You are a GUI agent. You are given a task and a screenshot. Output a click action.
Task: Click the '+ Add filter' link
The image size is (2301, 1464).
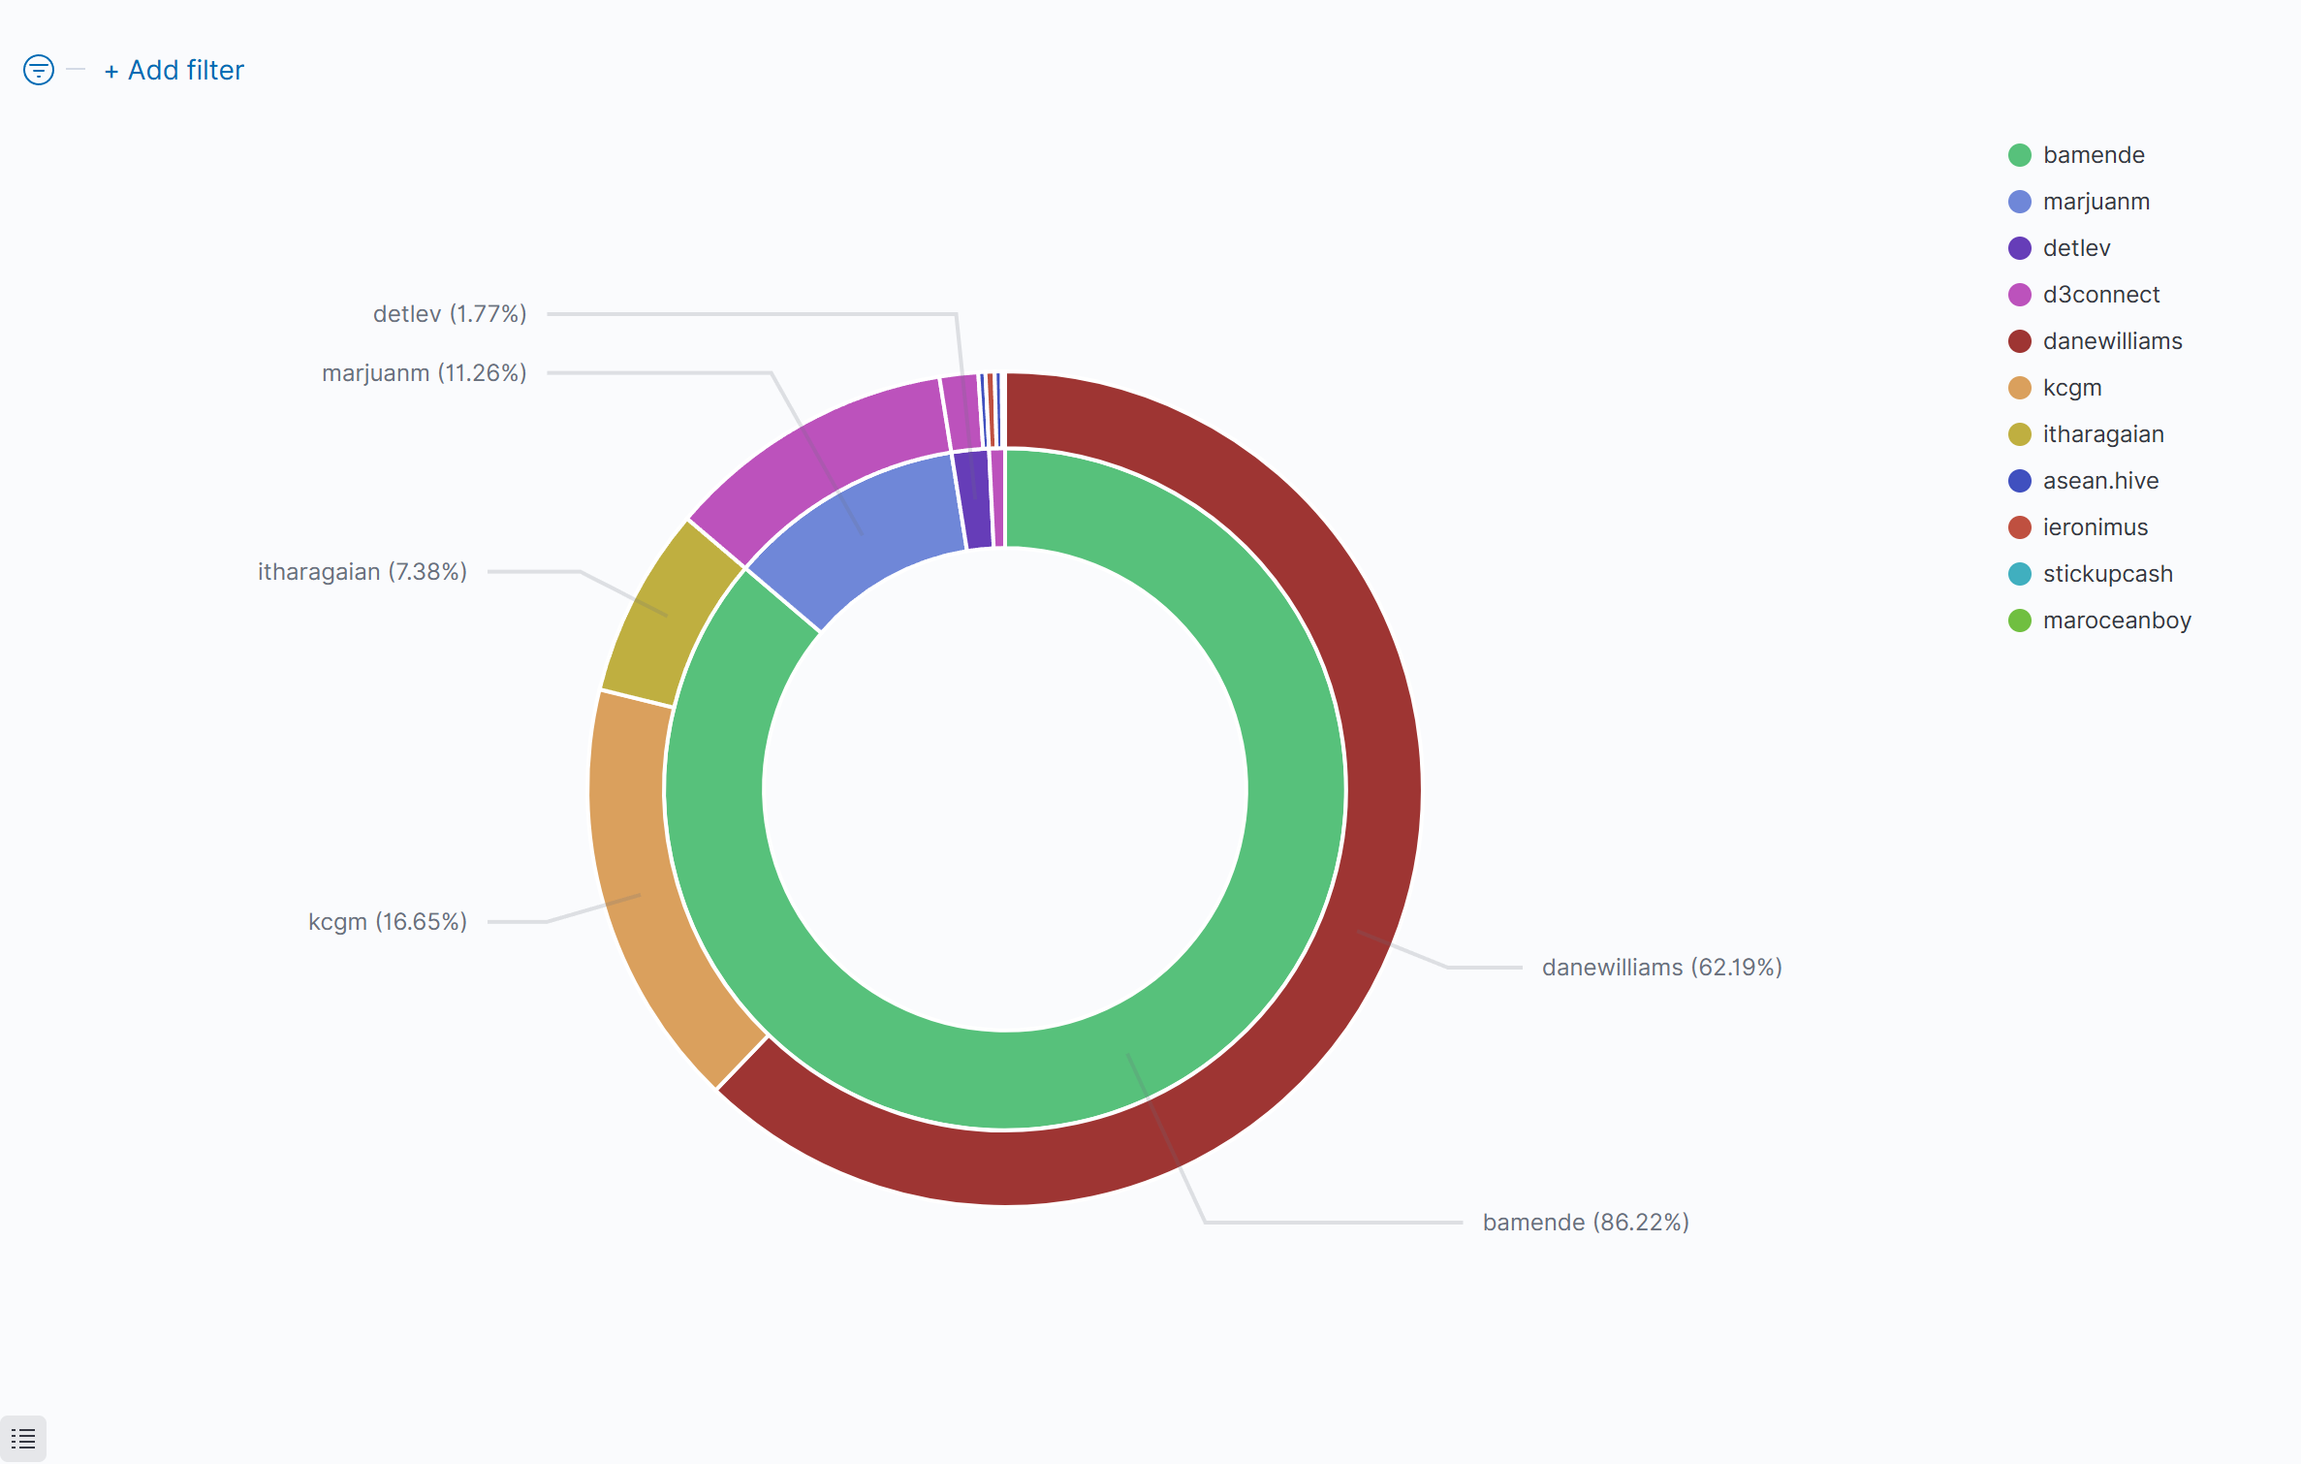pos(174,71)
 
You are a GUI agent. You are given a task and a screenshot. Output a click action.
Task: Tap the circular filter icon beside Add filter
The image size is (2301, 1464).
pos(39,70)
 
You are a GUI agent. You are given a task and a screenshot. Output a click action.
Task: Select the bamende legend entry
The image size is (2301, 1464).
pos(2093,155)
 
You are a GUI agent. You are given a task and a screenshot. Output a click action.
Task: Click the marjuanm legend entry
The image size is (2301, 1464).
pos(2096,202)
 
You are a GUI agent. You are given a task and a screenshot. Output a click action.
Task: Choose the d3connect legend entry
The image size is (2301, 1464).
pos(2100,295)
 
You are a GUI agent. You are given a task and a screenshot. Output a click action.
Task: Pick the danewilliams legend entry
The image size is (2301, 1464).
pos(2112,341)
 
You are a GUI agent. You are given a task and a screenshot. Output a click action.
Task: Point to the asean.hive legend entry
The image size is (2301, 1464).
pos(2100,481)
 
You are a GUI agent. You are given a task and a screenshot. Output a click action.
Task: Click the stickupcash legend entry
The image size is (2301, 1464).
pos(2107,574)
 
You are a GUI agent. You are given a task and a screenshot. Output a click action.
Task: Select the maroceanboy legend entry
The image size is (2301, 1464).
pos(2116,621)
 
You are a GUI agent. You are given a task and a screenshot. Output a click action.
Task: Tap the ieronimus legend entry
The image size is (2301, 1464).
pos(2095,527)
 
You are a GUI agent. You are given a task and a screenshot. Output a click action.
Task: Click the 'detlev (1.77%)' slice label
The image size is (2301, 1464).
pos(450,314)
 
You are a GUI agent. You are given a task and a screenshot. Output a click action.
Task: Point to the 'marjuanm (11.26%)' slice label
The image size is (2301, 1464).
pos(425,373)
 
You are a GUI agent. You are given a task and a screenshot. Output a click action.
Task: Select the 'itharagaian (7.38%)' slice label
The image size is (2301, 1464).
pos(362,572)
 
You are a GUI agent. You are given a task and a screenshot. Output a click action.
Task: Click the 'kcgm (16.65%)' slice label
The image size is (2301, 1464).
pos(388,921)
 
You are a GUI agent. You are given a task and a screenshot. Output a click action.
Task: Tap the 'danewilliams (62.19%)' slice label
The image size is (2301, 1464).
pos(1661,968)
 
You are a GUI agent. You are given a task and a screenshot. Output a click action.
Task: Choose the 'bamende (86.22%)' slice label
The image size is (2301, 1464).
pos(1586,1223)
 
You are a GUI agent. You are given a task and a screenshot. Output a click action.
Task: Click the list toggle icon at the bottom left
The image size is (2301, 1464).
pos(23,1439)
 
